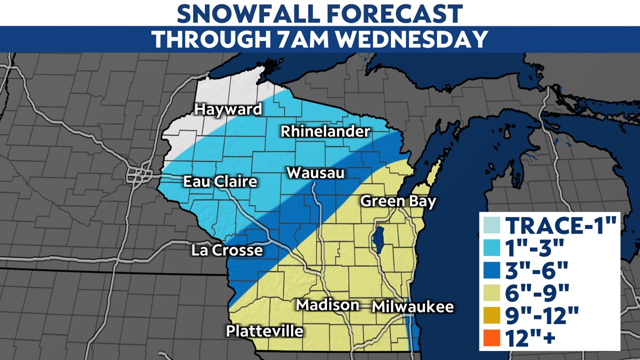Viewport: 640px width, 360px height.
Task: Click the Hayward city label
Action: click(228, 109)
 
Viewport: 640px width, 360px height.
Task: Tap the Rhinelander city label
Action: click(325, 132)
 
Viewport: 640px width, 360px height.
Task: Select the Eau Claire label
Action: click(220, 181)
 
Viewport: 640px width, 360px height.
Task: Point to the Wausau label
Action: click(315, 173)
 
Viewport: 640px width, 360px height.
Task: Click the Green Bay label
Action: click(398, 201)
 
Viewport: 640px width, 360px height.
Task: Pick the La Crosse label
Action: click(227, 250)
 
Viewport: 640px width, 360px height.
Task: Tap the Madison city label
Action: click(327, 304)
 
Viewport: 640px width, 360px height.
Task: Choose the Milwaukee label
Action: click(413, 306)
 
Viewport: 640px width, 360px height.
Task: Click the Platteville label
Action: click(264, 331)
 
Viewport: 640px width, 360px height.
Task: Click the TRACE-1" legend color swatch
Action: click(492, 226)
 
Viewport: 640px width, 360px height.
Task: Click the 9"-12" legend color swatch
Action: click(492, 316)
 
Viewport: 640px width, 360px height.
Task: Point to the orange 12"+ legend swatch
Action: click(492, 338)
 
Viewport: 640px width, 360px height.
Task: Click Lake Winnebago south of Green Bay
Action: click(378, 239)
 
